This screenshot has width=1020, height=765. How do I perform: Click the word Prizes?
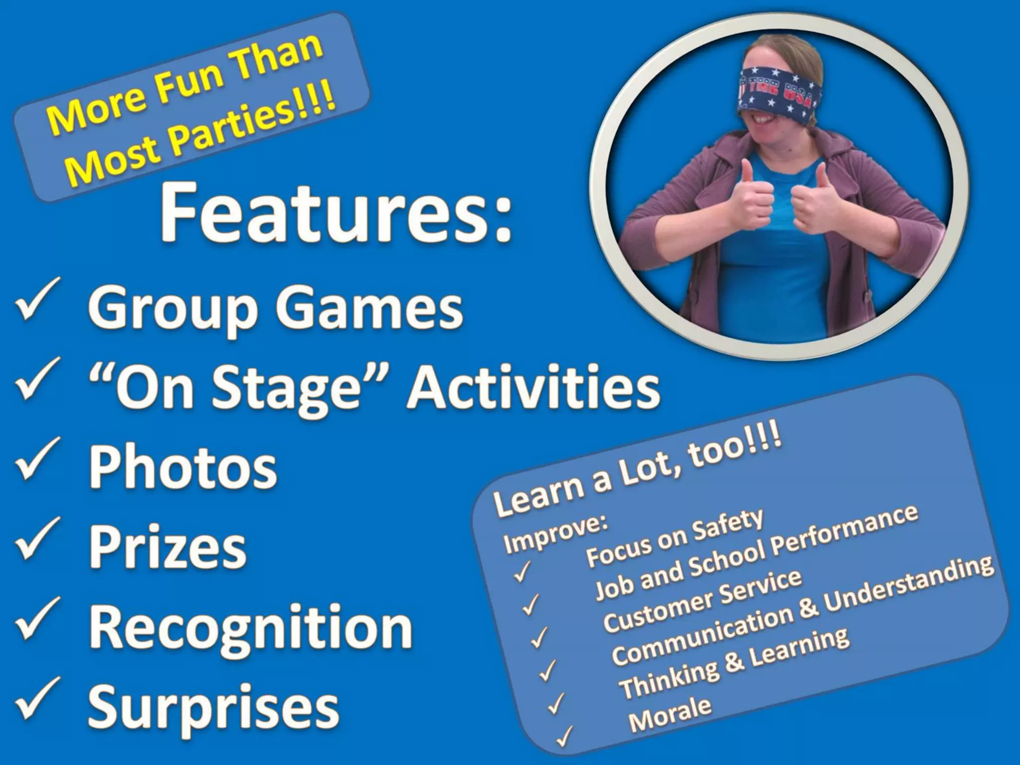click(x=167, y=548)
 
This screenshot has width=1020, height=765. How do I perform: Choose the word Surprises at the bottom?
click(x=213, y=707)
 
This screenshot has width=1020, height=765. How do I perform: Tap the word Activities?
click(x=533, y=387)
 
